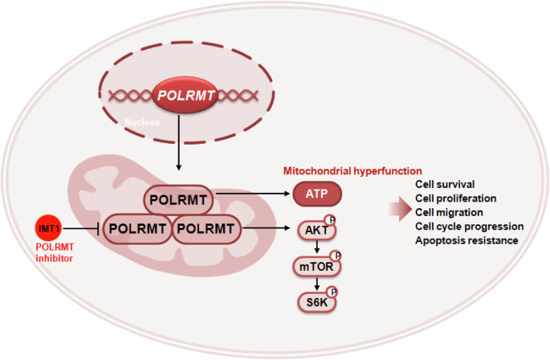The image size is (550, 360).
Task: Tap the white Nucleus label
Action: [142, 124]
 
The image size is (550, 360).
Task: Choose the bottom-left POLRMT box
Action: [137, 230]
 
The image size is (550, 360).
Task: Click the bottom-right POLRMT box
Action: [206, 230]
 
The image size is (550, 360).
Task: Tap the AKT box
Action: [314, 231]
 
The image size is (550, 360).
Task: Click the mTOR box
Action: [314, 266]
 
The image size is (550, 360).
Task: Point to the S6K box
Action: [314, 301]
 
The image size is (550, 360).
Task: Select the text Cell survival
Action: [445, 184]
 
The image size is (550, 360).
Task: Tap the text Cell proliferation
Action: [455, 198]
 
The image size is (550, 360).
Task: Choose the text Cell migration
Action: [450, 212]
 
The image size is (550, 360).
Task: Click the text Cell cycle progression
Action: [469, 226]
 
